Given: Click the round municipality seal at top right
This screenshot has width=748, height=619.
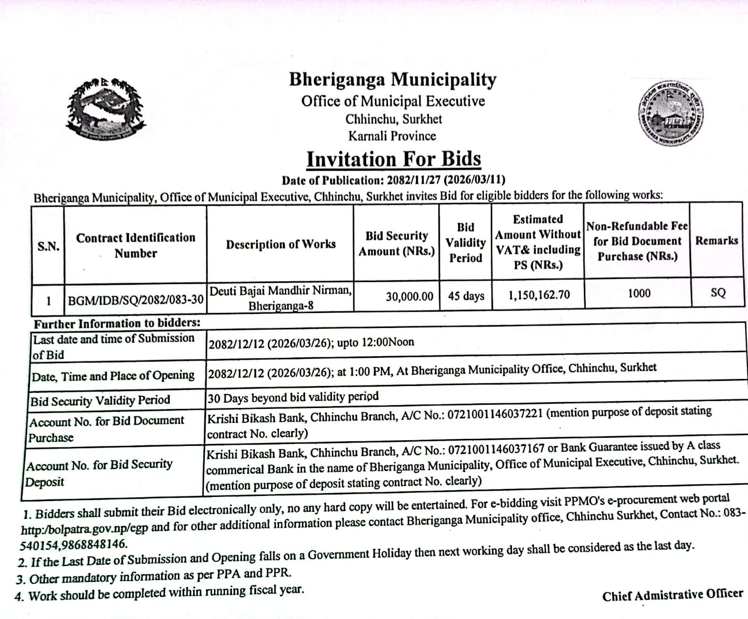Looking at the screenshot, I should point(672,113).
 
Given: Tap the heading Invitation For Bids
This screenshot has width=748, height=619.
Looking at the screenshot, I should point(394,159).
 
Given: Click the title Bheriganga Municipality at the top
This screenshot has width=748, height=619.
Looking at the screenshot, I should point(393,80).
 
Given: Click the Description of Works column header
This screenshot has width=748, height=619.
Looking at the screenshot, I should point(280,244).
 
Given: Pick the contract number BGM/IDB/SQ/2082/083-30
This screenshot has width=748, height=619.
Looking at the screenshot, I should point(136,299).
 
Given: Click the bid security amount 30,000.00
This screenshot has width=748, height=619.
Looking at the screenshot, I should point(410,297).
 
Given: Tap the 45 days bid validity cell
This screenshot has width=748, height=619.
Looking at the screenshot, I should point(466,296).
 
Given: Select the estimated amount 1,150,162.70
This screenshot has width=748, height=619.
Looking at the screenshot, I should point(539,295).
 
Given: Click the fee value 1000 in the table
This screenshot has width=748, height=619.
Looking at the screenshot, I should point(639,293).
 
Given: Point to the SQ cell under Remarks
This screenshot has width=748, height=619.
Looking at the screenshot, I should point(718,293).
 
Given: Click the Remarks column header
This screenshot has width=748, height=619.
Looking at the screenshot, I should point(717,240).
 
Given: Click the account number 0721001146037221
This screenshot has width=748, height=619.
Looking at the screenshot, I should point(495,414).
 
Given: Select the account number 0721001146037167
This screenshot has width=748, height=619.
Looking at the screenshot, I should point(496,450).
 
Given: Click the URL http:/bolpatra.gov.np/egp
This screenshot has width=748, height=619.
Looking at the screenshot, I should point(85,529).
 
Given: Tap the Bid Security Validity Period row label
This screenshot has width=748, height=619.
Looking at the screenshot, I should point(100,401).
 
